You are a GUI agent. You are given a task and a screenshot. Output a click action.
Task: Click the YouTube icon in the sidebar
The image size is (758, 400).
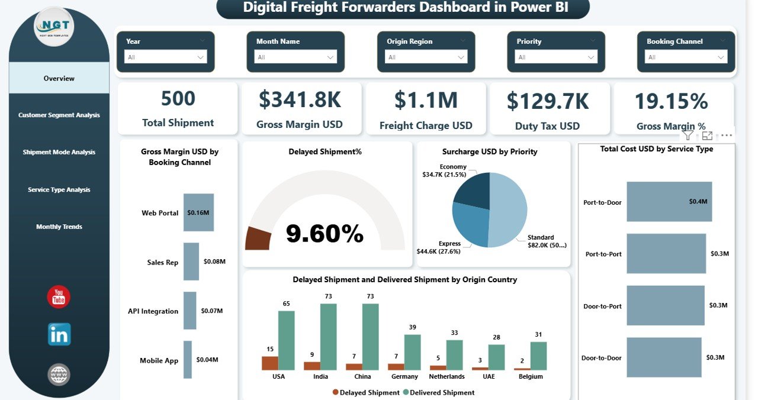pos(59,297)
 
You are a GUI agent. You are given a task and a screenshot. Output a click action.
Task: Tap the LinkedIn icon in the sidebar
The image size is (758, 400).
pos(59,334)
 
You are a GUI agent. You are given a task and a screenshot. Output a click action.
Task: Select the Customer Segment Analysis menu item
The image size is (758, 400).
pos(59,115)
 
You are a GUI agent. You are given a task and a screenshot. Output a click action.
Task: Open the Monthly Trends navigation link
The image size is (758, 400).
pos(59,227)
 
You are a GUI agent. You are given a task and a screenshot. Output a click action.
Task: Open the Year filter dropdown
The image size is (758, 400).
pos(165,57)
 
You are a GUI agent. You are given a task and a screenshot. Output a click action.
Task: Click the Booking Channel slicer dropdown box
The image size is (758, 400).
pos(686,57)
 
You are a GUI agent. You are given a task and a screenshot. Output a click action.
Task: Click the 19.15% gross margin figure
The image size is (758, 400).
pos(671,102)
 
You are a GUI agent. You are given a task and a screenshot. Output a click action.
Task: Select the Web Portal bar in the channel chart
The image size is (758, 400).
pos(198,212)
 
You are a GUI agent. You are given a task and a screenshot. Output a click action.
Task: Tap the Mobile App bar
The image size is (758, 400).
pos(188,359)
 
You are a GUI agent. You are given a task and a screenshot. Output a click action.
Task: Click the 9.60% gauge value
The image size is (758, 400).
pos(325,234)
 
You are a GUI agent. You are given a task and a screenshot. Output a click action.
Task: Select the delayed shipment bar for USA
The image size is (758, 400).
pos(269,363)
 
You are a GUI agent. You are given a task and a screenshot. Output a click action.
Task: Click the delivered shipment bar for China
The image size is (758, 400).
pos(371,336)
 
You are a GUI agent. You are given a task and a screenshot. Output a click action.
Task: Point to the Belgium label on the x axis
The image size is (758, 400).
pos(531,376)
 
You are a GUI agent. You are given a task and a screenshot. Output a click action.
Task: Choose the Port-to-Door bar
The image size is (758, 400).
pos(669,201)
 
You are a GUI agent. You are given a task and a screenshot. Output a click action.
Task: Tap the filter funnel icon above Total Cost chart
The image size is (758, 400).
pos(688,136)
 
